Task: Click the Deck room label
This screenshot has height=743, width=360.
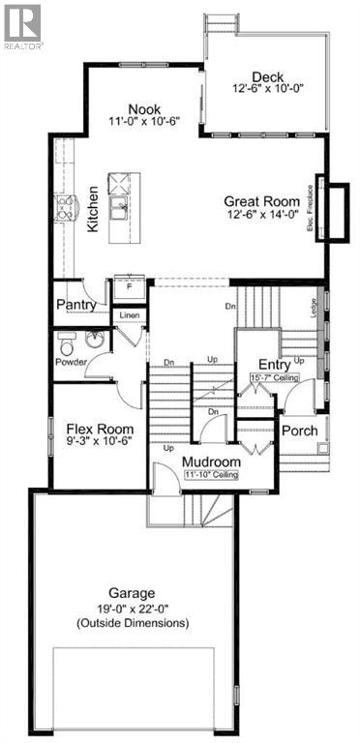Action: pos(266,78)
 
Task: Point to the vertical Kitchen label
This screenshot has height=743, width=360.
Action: pos(94,209)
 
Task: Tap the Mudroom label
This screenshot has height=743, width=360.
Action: pos(212,462)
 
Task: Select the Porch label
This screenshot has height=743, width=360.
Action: pos(299,430)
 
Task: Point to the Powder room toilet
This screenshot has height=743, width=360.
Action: pos(67,344)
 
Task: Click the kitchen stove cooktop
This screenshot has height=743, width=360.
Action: pos(69,205)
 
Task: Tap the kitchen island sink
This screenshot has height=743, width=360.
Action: pos(121,205)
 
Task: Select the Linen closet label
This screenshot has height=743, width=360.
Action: pos(130,315)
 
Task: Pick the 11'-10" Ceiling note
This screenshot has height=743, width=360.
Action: pos(213,475)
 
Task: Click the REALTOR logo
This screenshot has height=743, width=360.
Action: pos(22,24)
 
